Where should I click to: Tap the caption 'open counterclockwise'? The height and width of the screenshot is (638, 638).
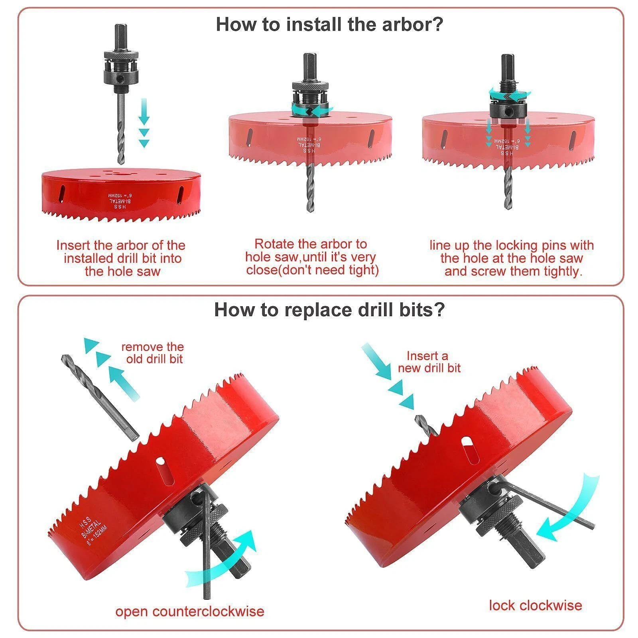point(190,611)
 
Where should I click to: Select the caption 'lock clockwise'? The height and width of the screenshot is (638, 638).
point(535,605)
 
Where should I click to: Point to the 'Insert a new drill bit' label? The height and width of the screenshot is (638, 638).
point(429,361)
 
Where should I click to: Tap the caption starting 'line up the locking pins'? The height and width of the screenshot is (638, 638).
point(512,258)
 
